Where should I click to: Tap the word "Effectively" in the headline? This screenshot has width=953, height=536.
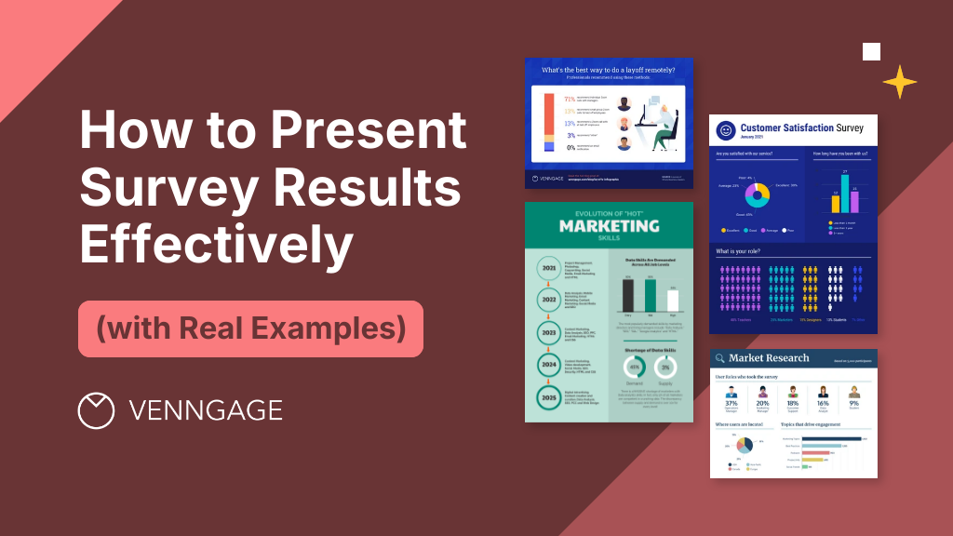(x=216, y=247)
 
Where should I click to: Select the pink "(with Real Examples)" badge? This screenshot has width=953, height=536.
(x=250, y=328)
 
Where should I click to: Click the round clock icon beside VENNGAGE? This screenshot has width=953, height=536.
(x=96, y=410)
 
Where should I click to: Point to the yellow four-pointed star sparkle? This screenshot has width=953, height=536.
(x=899, y=82)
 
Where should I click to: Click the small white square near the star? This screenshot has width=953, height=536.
(x=871, y=51)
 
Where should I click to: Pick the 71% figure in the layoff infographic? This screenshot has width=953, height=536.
(x=570, y=99)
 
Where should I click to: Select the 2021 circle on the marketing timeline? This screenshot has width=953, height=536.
(x=548, y=270)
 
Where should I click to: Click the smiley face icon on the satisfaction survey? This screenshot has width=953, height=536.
(x=725, y=131)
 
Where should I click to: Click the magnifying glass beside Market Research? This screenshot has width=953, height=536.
(x=718, y=358)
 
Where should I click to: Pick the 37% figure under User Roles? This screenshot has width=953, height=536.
(x=731, y=404)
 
